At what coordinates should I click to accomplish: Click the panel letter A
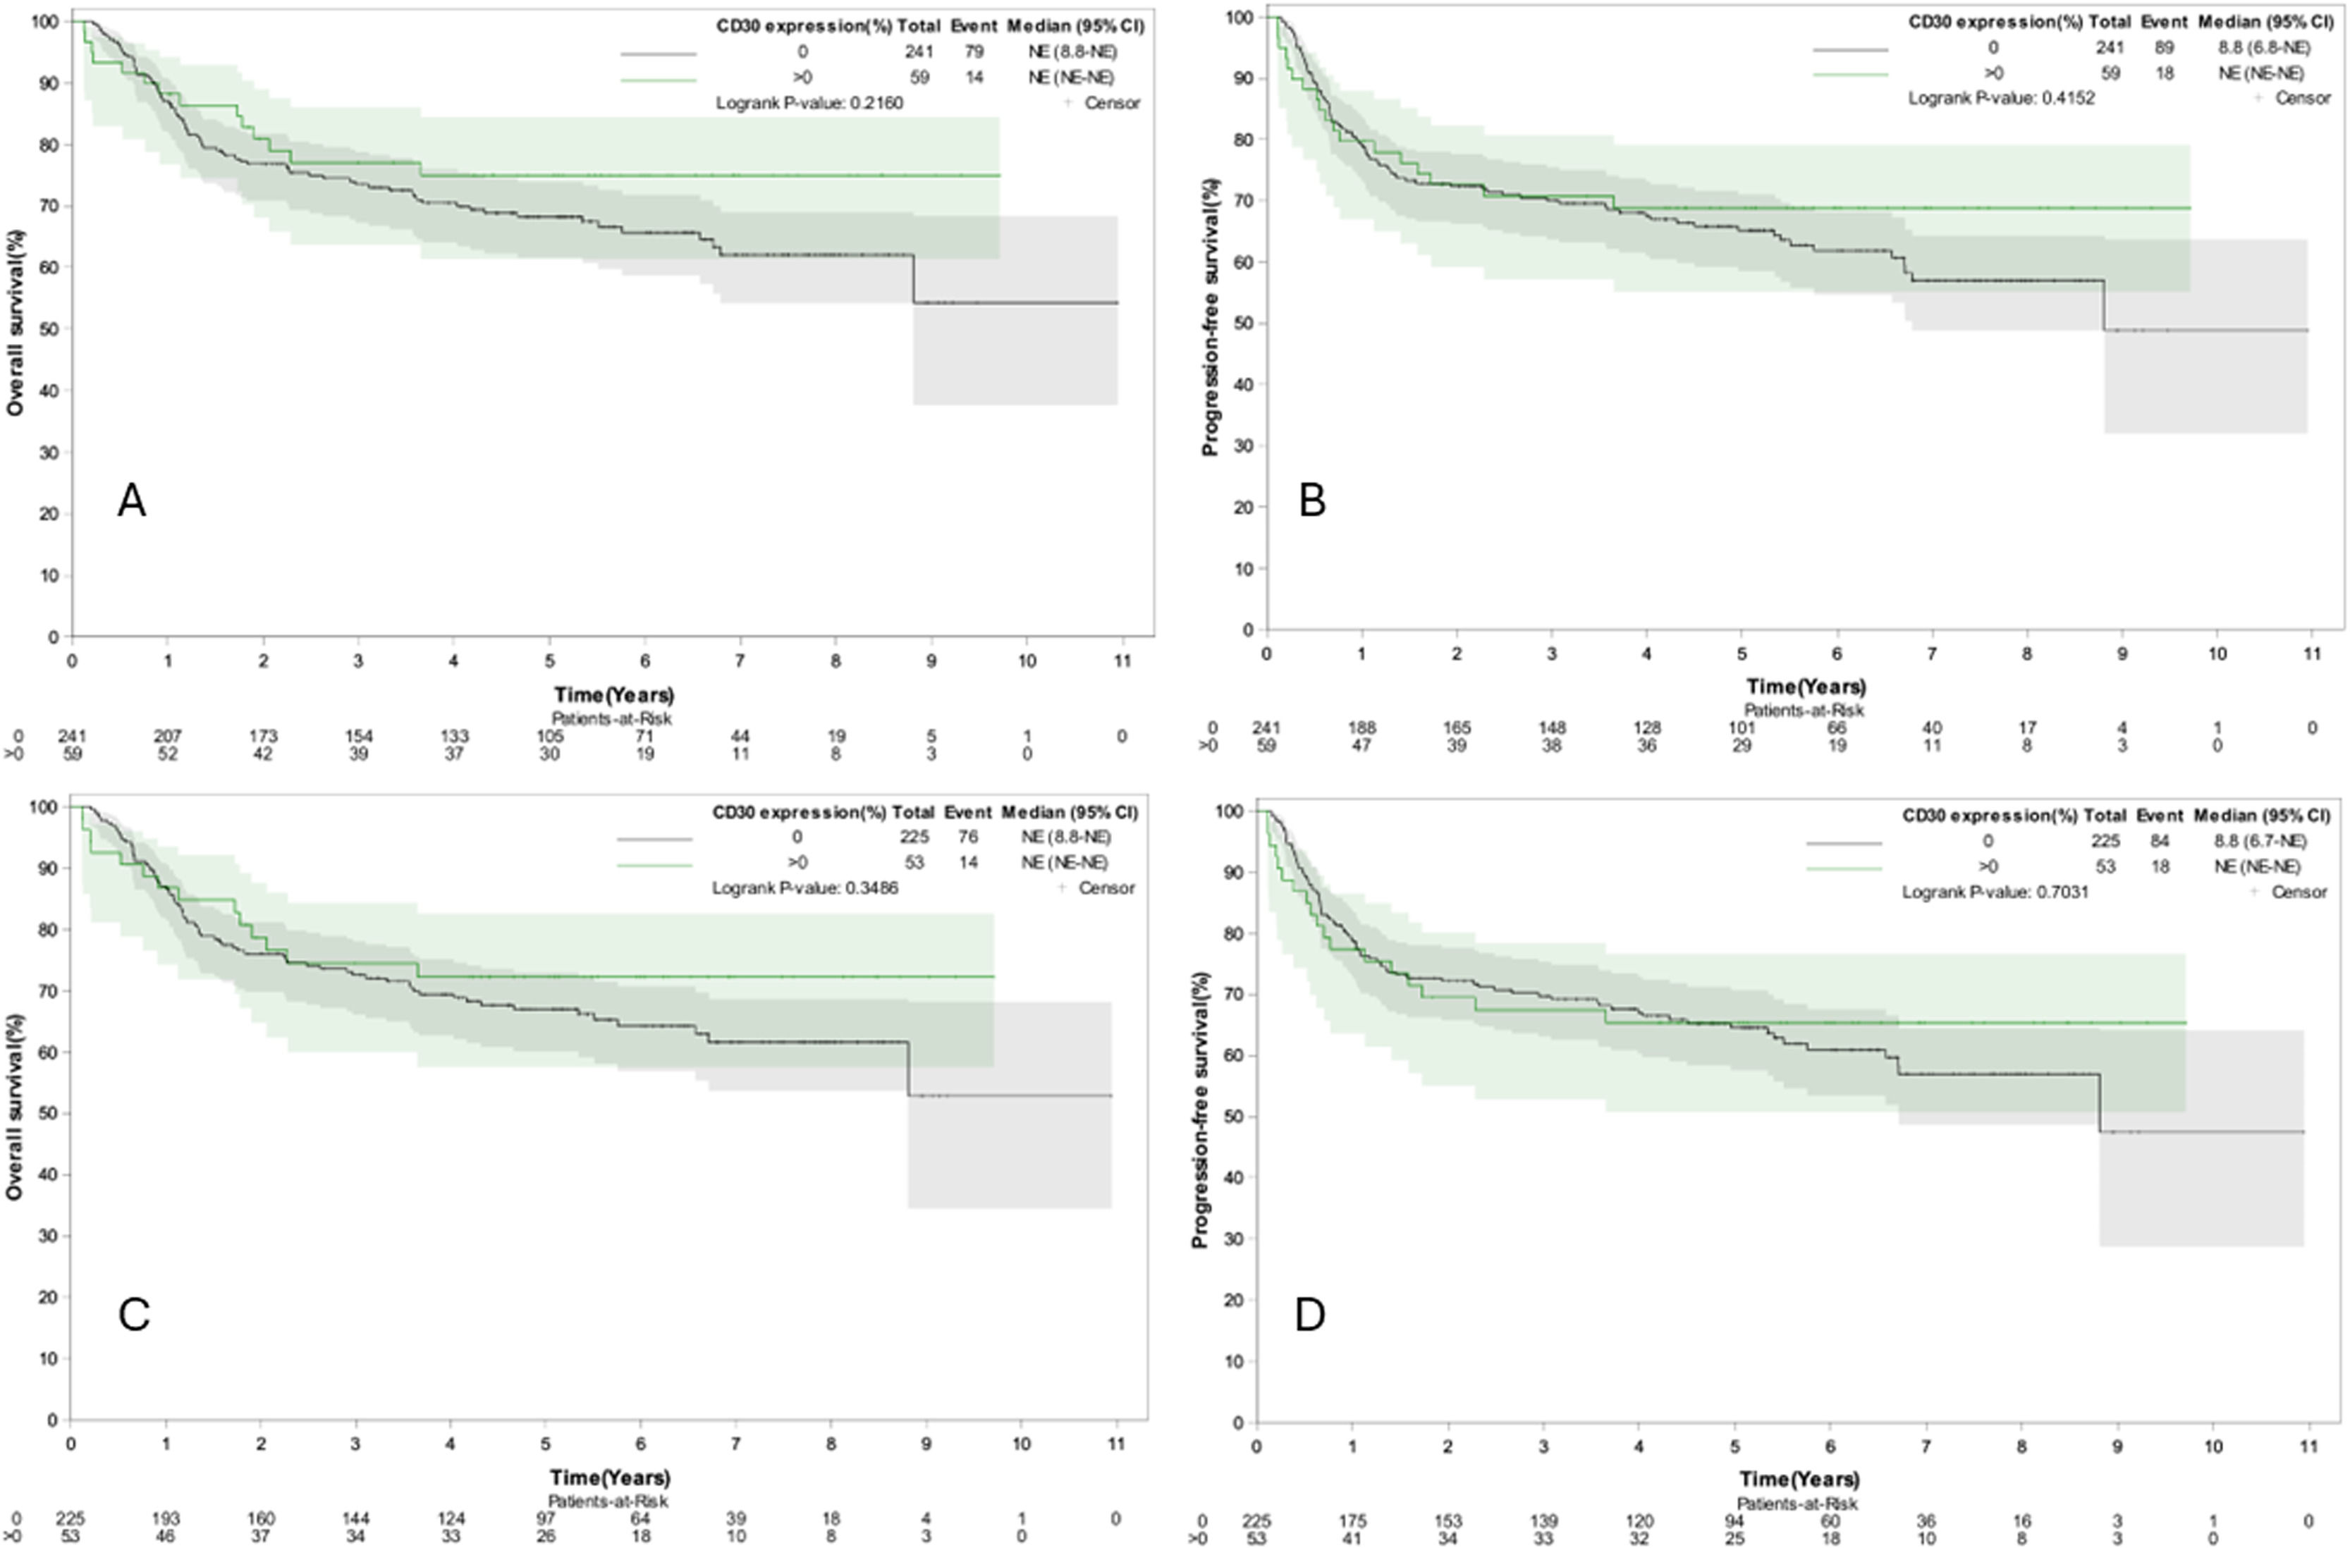[x=131, y=500]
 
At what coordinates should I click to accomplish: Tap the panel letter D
[x=1309, y=1315]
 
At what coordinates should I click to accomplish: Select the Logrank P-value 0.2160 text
[x=809, y=103]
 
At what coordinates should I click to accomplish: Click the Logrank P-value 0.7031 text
[x=1995, y=892]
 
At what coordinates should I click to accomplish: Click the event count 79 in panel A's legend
[x=974, y=51]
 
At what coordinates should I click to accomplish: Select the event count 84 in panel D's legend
[x=2160, y=841]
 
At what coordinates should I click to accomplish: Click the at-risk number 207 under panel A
[x=168, y=737]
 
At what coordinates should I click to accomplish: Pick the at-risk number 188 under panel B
[x=1361, y=727]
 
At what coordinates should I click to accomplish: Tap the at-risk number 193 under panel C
[x=166, y=1518]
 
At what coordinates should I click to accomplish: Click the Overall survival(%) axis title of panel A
[x=16, y=323]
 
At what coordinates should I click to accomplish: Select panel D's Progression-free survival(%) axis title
[x=1201, y=1109]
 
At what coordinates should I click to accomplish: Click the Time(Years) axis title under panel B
[x=1805, y=686]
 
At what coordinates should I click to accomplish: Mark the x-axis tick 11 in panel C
[x=1115, y=1444]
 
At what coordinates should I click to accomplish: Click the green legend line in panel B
[x=1849, y=74]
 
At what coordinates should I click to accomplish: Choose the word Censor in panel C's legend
[x=1107, y=888]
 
